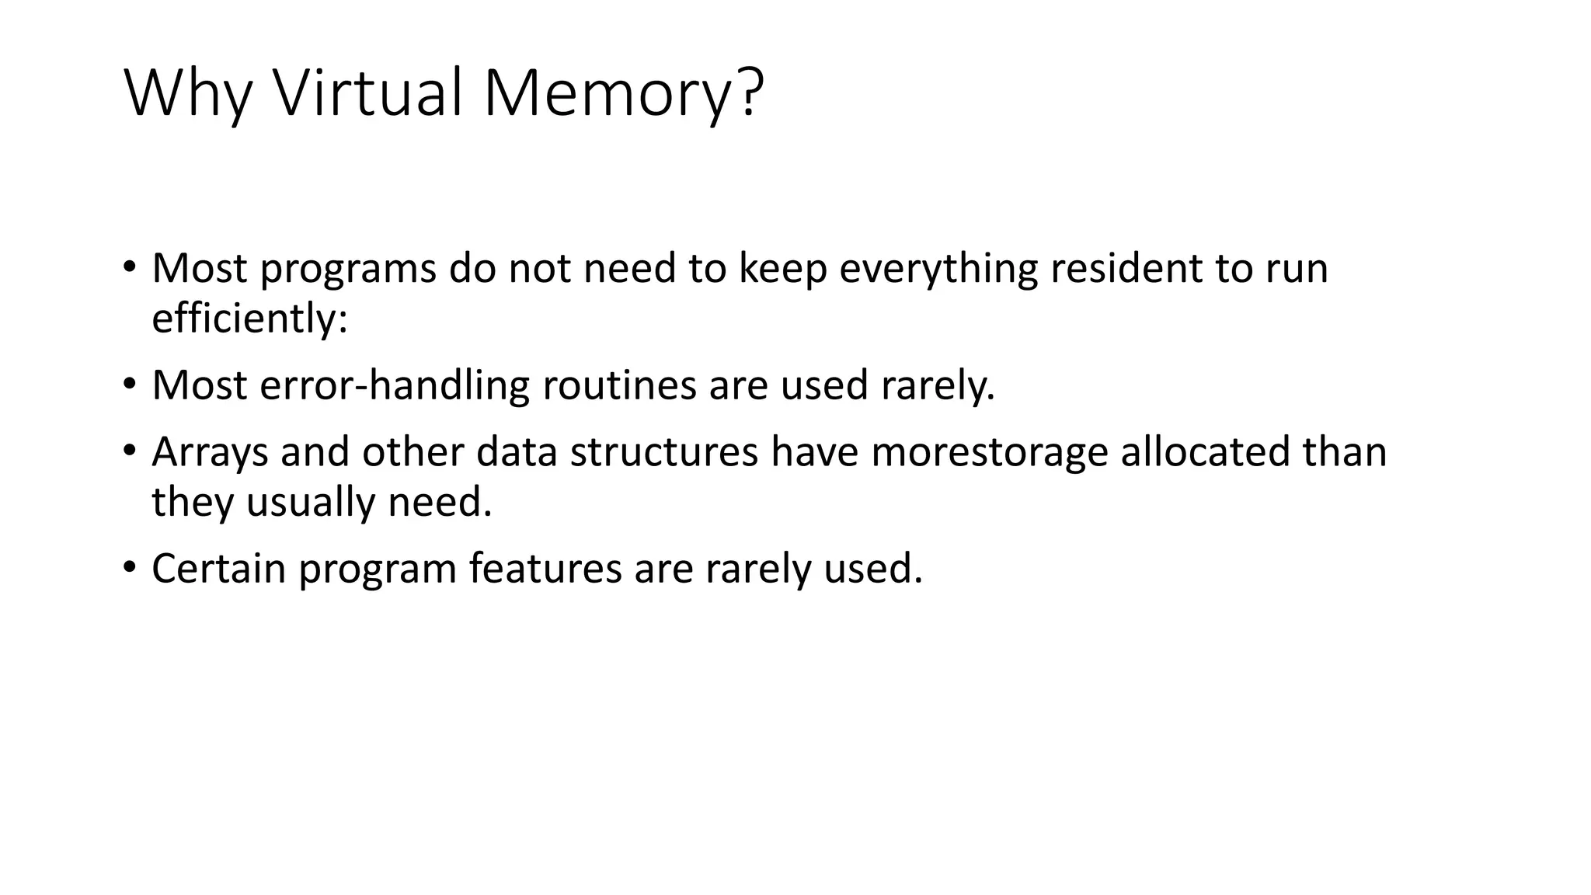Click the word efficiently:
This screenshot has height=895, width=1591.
click(249, 319)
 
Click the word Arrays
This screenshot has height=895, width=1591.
click(210, 452)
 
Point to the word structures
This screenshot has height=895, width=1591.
click(663, 452)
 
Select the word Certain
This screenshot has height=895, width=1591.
click(219, 569)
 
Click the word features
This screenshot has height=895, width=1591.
click(545, 569)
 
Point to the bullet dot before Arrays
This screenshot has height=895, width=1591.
click(129, 450)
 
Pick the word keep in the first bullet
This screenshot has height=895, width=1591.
click(782, 269)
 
